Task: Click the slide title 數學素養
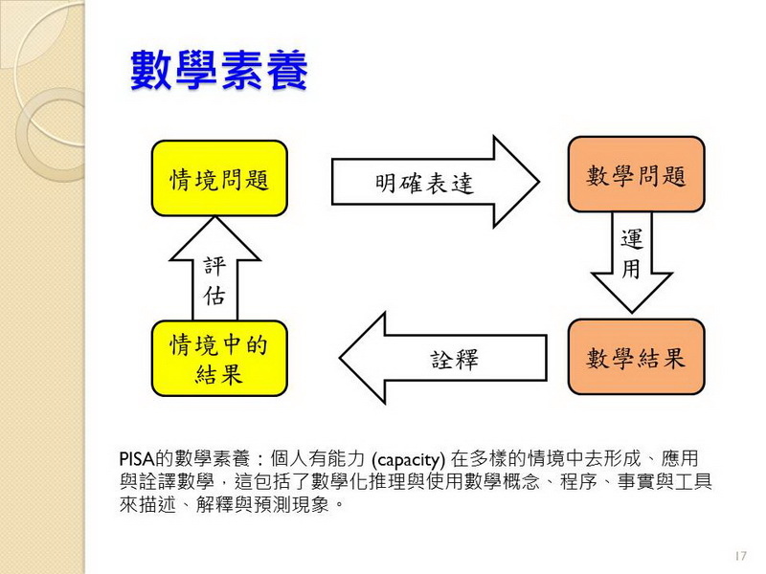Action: [x=219, y=72]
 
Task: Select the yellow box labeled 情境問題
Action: [x=219, y=179]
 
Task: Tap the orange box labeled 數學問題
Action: [x=636, y=175]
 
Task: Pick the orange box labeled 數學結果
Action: [x=636, y=358]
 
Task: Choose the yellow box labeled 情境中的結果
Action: [x=219, y=359]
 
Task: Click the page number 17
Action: [x=738, y=556]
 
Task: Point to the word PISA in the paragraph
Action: [x=137, y=459]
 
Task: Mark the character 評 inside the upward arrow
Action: [x=214, y=267]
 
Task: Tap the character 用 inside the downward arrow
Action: [x=631, y=270]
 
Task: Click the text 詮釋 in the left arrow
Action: [x=454, y=361]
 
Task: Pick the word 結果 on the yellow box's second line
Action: [x=219, y=374]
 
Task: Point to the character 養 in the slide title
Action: [x=285, y=72]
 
